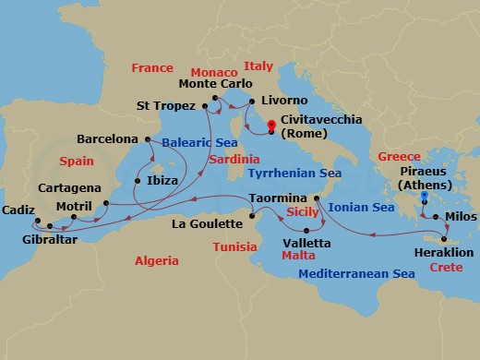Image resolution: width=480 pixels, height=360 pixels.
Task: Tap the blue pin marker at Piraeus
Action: (x=424, y=197)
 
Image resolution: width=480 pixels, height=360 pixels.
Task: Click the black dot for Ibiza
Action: (x=138, y=181)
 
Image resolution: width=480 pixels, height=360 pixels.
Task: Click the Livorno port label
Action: (x=284, y=99)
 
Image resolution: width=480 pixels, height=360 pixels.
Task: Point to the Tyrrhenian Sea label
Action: (x=294, y=173)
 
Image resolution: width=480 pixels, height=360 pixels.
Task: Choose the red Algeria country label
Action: (x=156, y=261)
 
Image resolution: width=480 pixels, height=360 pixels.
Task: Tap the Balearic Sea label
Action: (x=196, y=143)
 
